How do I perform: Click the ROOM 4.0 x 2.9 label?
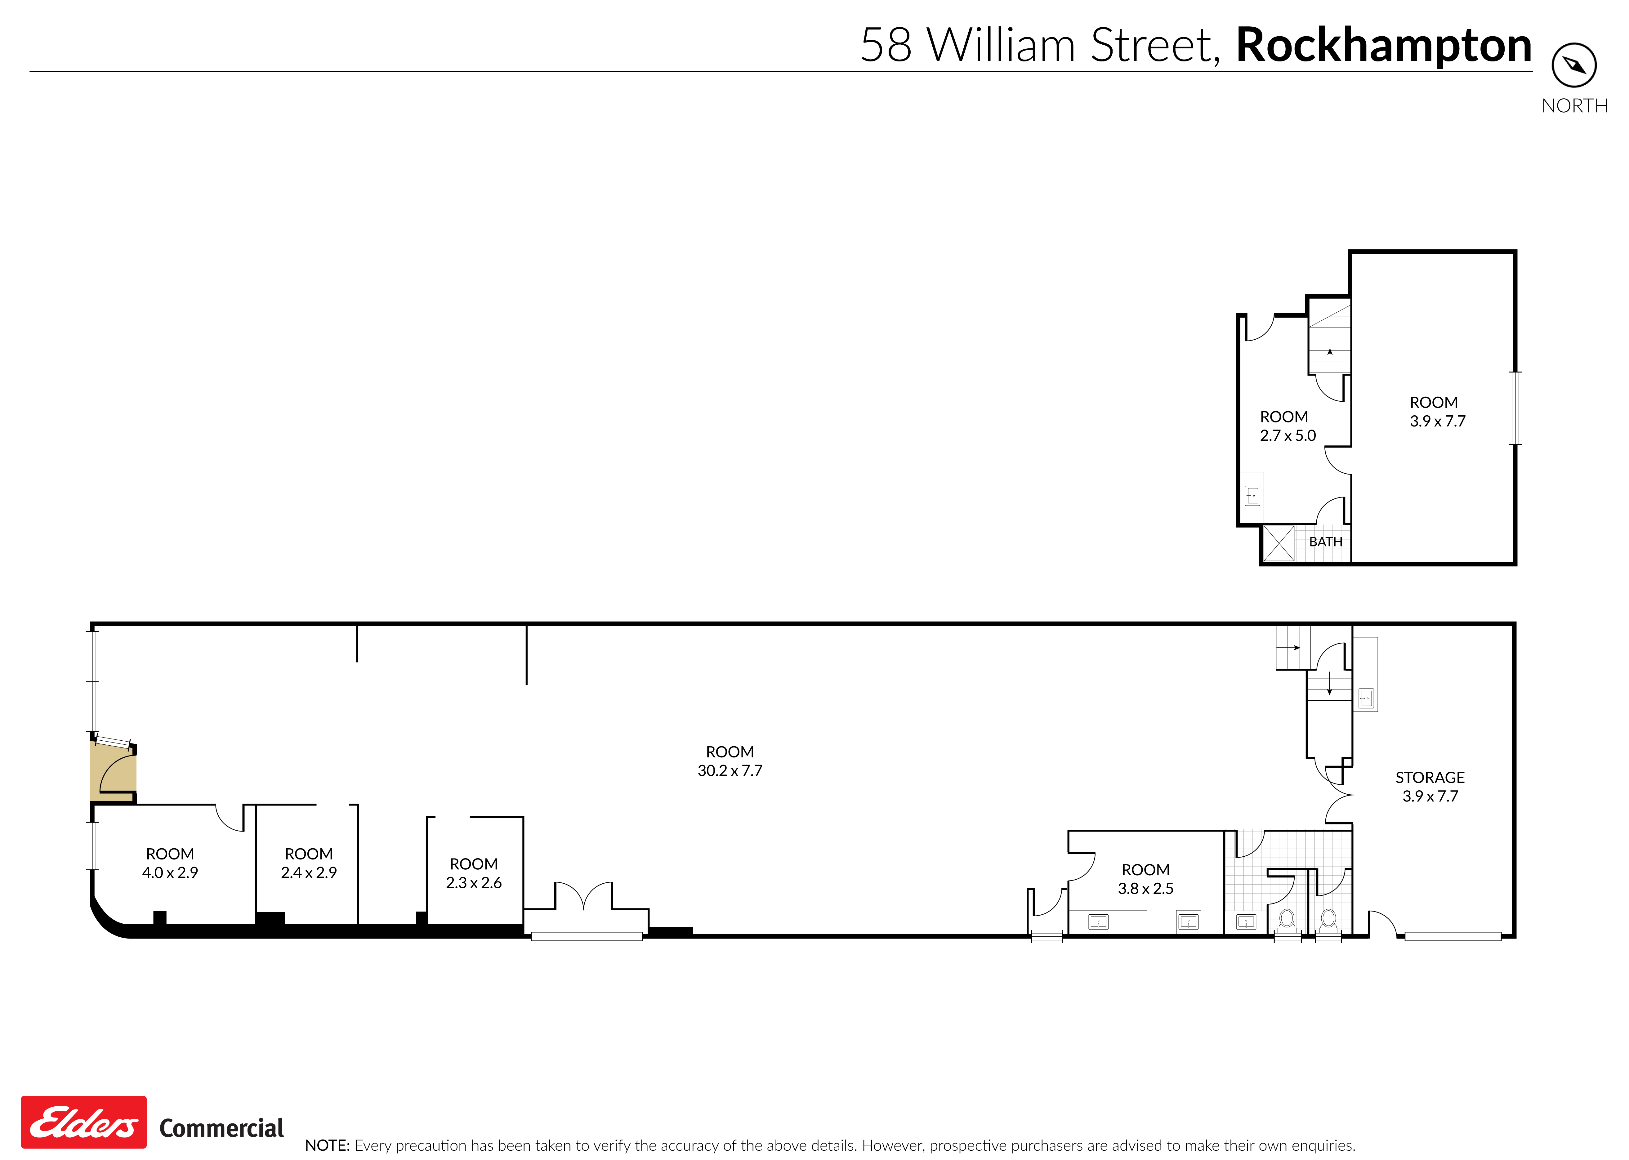pos(170,863)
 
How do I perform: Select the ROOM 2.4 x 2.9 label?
pos(309,863)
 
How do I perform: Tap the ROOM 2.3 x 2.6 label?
pos(474,873)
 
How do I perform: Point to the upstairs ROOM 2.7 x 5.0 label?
pos(1287,426)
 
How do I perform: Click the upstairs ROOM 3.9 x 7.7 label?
pos(1436,412)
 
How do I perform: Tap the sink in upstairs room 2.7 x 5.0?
pos(1252,495)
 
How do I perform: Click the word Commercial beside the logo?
pos(221,1128)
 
